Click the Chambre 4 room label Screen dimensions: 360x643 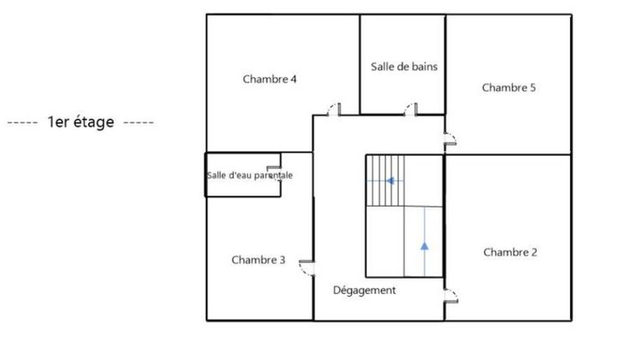269,80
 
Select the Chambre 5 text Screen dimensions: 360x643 509,87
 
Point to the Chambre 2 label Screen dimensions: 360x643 510,252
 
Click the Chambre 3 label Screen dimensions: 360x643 258,260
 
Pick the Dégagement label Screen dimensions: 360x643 364,291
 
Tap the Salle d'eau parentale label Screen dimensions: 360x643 249,176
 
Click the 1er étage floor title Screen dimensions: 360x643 81,123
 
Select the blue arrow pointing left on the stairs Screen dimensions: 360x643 391,181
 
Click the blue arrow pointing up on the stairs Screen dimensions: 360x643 424,246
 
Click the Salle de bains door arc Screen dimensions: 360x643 410,109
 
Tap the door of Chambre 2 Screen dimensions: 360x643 451,297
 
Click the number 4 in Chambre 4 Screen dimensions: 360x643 293,80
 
